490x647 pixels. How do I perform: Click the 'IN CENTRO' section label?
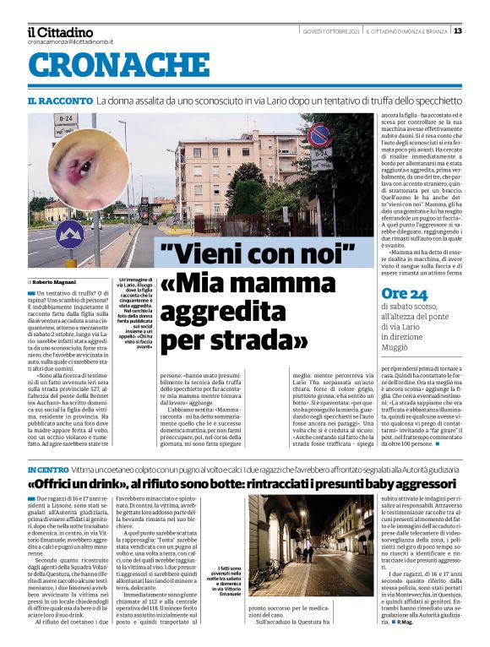(x=46, y=469)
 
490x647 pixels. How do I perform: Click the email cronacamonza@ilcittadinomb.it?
(x=70, y=41)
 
